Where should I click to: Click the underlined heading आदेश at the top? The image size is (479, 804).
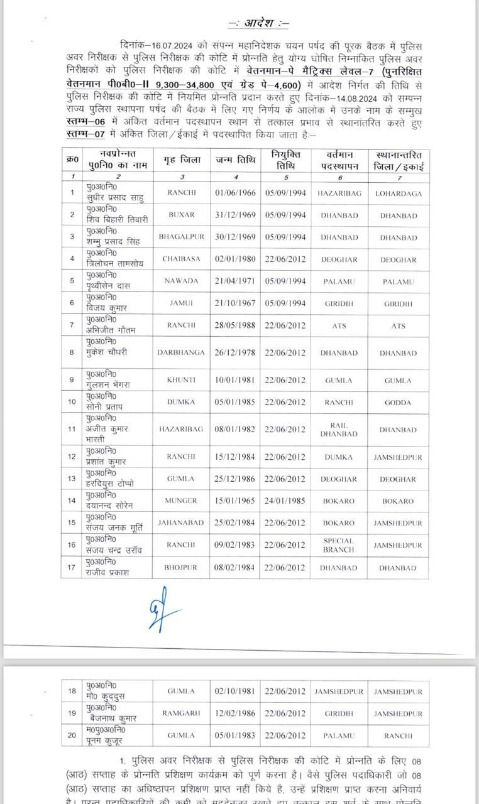(258, 23)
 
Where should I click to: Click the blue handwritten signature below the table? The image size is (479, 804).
(160, 607)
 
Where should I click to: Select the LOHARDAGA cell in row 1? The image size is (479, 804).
(399, 193)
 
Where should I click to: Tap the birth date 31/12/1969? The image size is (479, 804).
(235, 215)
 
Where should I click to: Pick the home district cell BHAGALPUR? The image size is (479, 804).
(182, 238)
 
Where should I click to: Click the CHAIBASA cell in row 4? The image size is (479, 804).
(182, 259)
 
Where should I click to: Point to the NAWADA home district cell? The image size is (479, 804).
(182, 281)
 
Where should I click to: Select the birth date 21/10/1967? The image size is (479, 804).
(235, 303)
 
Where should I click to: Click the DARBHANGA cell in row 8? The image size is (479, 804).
(182, 353)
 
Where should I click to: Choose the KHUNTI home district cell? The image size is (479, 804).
(182, 381)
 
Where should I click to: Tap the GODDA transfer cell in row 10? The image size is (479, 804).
(399, 403)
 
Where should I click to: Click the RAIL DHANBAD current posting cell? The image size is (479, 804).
(339, 430)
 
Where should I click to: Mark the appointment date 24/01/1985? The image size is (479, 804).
(285, 501)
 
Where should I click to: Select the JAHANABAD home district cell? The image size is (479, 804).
(182, 523)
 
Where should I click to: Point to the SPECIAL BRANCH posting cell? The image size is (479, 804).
(339, 545)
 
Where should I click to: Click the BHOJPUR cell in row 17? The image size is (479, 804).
(182, 568)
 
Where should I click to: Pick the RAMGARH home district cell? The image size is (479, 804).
(182, 714)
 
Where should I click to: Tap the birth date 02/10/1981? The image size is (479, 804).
(235, 692)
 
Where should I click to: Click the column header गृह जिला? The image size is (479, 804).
(182, 160)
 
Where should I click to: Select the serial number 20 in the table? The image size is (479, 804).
(72, 736)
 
